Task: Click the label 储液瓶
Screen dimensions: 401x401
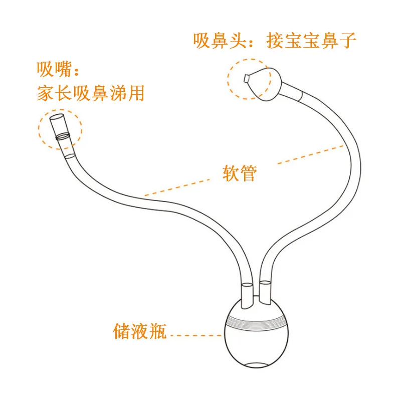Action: click(140, 331)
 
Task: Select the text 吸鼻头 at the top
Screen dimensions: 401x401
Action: click(221, 41)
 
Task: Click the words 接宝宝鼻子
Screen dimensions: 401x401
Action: click(312, 41)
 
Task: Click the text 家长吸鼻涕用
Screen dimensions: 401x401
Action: click(90, 93)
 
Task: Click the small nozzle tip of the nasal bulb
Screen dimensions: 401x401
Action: click(246, 78)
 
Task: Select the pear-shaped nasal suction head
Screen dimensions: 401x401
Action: click(268, 82)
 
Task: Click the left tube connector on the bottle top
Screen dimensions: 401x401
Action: click(247, 296)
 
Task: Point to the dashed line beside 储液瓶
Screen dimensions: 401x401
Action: click(195, 335)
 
